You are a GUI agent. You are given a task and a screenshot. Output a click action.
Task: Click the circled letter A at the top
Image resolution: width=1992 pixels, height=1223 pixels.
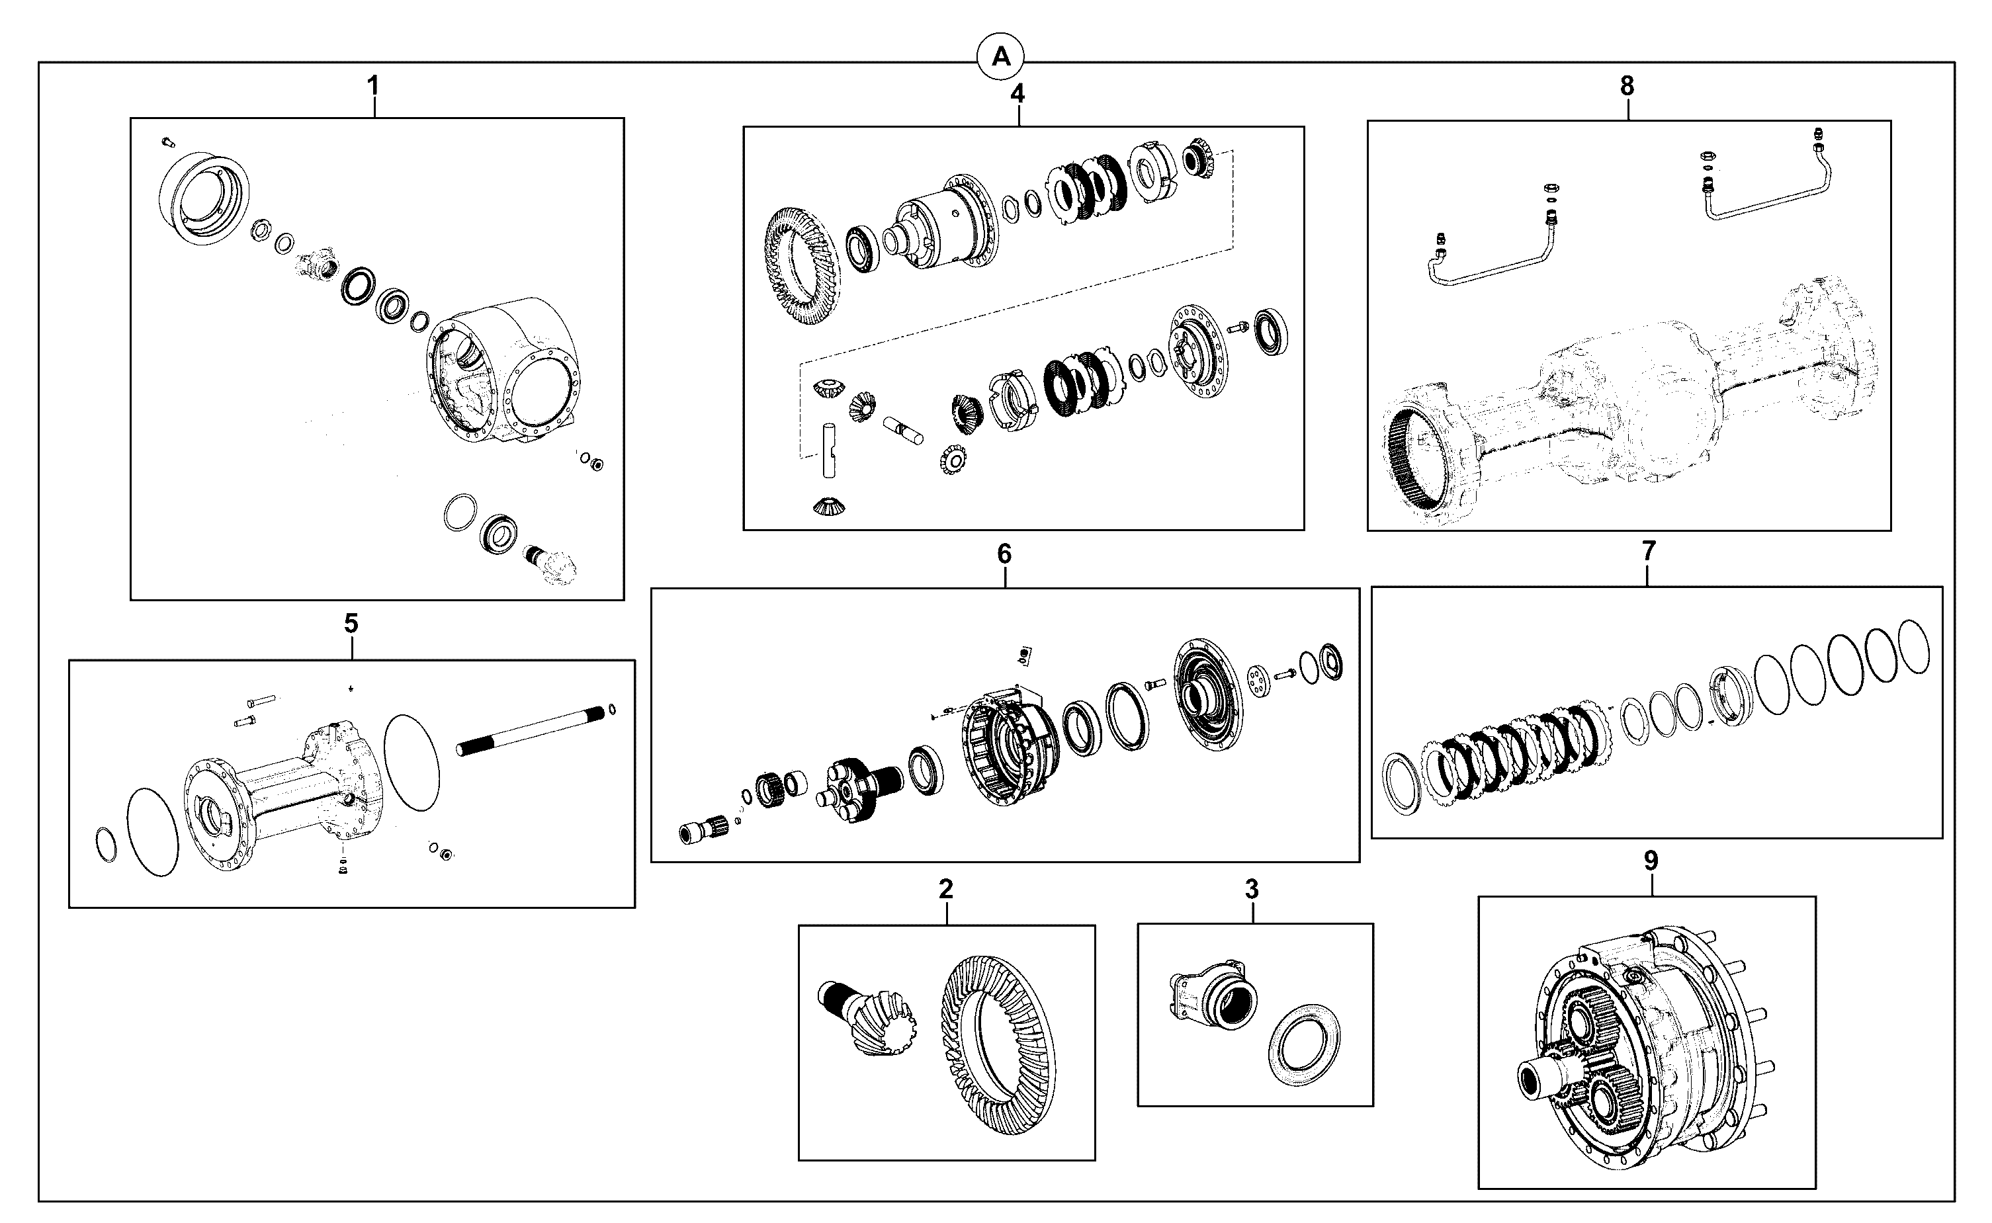(1001, 58)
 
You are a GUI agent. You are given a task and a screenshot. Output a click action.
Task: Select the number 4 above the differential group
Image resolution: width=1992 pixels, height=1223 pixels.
(1018, 94)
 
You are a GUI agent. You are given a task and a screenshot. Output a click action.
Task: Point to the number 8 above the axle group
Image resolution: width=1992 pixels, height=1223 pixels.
(1627, 87)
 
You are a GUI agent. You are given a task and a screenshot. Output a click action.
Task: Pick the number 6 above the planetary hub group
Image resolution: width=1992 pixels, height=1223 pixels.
(1004, 554)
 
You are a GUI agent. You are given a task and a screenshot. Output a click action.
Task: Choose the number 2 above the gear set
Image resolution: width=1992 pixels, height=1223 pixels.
(946, 890)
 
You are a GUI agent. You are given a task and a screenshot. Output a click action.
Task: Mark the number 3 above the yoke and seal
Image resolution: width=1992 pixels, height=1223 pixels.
(1252, 890)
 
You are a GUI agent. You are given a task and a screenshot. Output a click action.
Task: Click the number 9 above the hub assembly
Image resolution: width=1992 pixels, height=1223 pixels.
(1651, 861)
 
